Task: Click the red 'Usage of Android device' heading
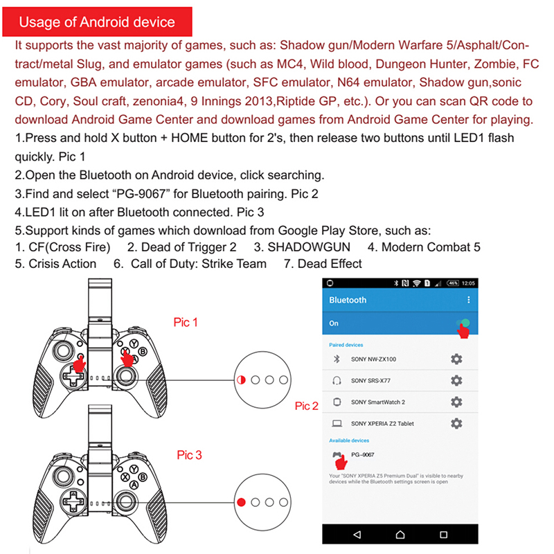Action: (97, 22)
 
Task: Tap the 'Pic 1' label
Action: (186, 322)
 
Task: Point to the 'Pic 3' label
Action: (189, 455)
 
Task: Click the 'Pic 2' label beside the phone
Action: (306, 406)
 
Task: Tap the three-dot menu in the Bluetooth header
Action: (469, 300)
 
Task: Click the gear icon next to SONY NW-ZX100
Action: (456, 359)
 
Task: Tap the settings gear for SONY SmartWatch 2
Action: (456, 402)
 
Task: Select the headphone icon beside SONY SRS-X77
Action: (337, 380)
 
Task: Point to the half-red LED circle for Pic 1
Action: (241, 379)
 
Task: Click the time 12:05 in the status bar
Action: (468, 283)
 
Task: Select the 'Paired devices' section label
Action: (346, 344)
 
